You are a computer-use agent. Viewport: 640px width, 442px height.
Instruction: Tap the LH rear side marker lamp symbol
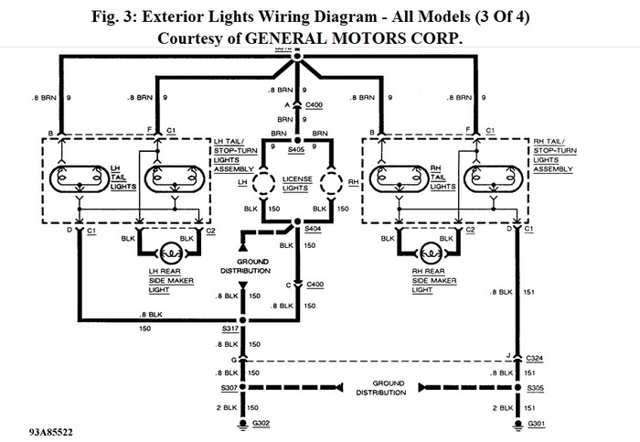point(171,251)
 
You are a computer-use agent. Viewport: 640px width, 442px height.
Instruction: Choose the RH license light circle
point(330,183)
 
